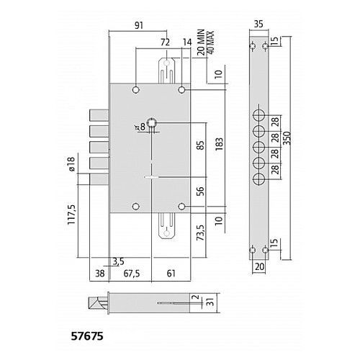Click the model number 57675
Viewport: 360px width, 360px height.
pyautogui.click(x=87, y=336)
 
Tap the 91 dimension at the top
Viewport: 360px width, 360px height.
pyautogui.click(x=139, y=25)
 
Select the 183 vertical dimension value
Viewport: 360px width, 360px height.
pyautogui.click(x=219, y=144)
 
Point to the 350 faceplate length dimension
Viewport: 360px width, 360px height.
pyautogui.click(x=287, y=138)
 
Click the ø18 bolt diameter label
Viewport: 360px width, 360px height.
pyautogui.click(x=72, y=163)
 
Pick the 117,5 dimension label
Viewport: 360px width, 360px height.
pyautogui.click(x=72, y=215)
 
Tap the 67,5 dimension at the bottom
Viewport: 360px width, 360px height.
pyautogui.click(x=132, y=274)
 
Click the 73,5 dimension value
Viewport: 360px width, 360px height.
pyautogui.click(x=200, y=233)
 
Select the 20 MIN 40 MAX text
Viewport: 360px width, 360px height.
pyautogui.click(x=204, y=42)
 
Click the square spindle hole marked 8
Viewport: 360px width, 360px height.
pyautogui.click(x=152, y=123)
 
